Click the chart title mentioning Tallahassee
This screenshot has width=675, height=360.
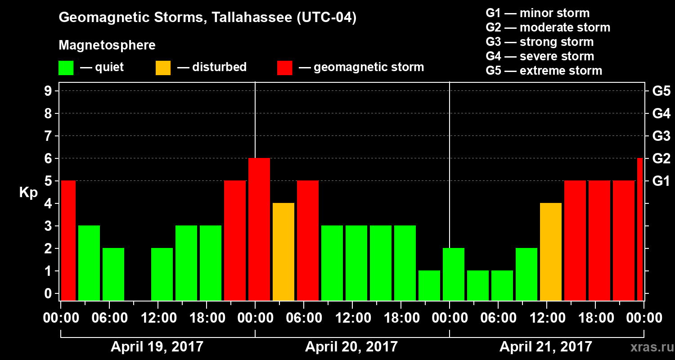pos(207,18)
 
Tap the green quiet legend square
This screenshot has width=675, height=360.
pos(66,67)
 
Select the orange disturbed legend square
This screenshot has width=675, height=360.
pos(163,67)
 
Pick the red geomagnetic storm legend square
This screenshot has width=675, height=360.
pos(284,67)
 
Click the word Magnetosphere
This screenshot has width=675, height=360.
pos(107,45)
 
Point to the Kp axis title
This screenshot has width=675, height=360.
pos(28,193)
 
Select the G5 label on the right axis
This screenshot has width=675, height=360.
pos(661,91)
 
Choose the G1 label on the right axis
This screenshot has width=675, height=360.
pos(661,181)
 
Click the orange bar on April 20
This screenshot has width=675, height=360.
pos(283,252)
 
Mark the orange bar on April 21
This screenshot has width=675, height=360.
pos(551,252)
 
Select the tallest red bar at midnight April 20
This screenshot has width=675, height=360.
pos(259,229)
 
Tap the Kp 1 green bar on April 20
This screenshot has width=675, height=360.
pos(429,286)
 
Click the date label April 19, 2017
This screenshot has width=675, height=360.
pos(157,347)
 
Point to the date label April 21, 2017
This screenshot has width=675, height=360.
pos(546,347)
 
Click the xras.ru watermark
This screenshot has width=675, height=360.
pos(649,347)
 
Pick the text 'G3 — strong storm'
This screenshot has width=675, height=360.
pos(540,42)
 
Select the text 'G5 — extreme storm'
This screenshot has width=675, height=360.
pos(544,71)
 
